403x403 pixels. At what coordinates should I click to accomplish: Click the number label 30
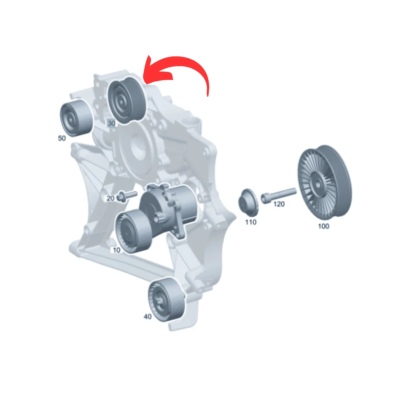tap(111, 123)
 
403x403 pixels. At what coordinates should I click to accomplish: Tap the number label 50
tap(62, 138)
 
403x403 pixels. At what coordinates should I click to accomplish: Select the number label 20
tap(110, 198)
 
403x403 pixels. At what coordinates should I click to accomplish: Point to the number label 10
tap(117, 250)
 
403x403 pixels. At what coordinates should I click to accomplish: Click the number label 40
tap(148, 317)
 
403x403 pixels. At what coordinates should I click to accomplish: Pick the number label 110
tap(251, 222)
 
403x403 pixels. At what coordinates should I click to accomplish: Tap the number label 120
tap(279, 204)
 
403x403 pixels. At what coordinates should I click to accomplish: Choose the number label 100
tap(323, 226)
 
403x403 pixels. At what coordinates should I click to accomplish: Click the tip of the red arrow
tap(148, 56)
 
